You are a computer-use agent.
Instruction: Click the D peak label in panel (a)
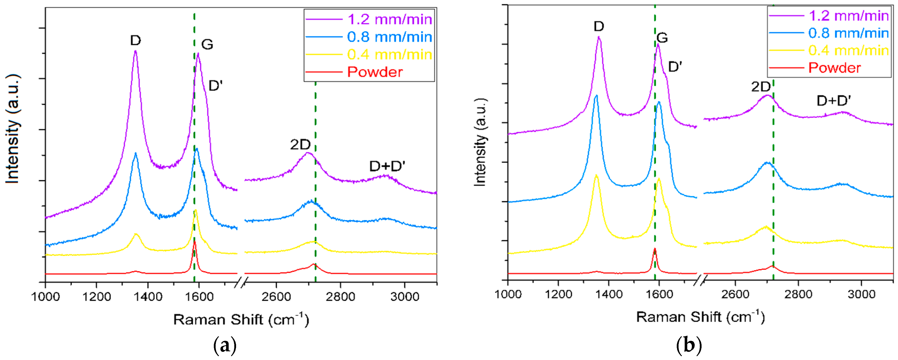(135, 41)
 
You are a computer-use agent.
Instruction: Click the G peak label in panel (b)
(662, 38)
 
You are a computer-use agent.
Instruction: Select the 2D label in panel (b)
(760, 87)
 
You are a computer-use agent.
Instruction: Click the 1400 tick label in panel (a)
(148, 297)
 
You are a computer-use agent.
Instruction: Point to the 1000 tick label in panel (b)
(508, 294)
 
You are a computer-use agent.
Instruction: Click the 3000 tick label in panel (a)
(404, 297)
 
